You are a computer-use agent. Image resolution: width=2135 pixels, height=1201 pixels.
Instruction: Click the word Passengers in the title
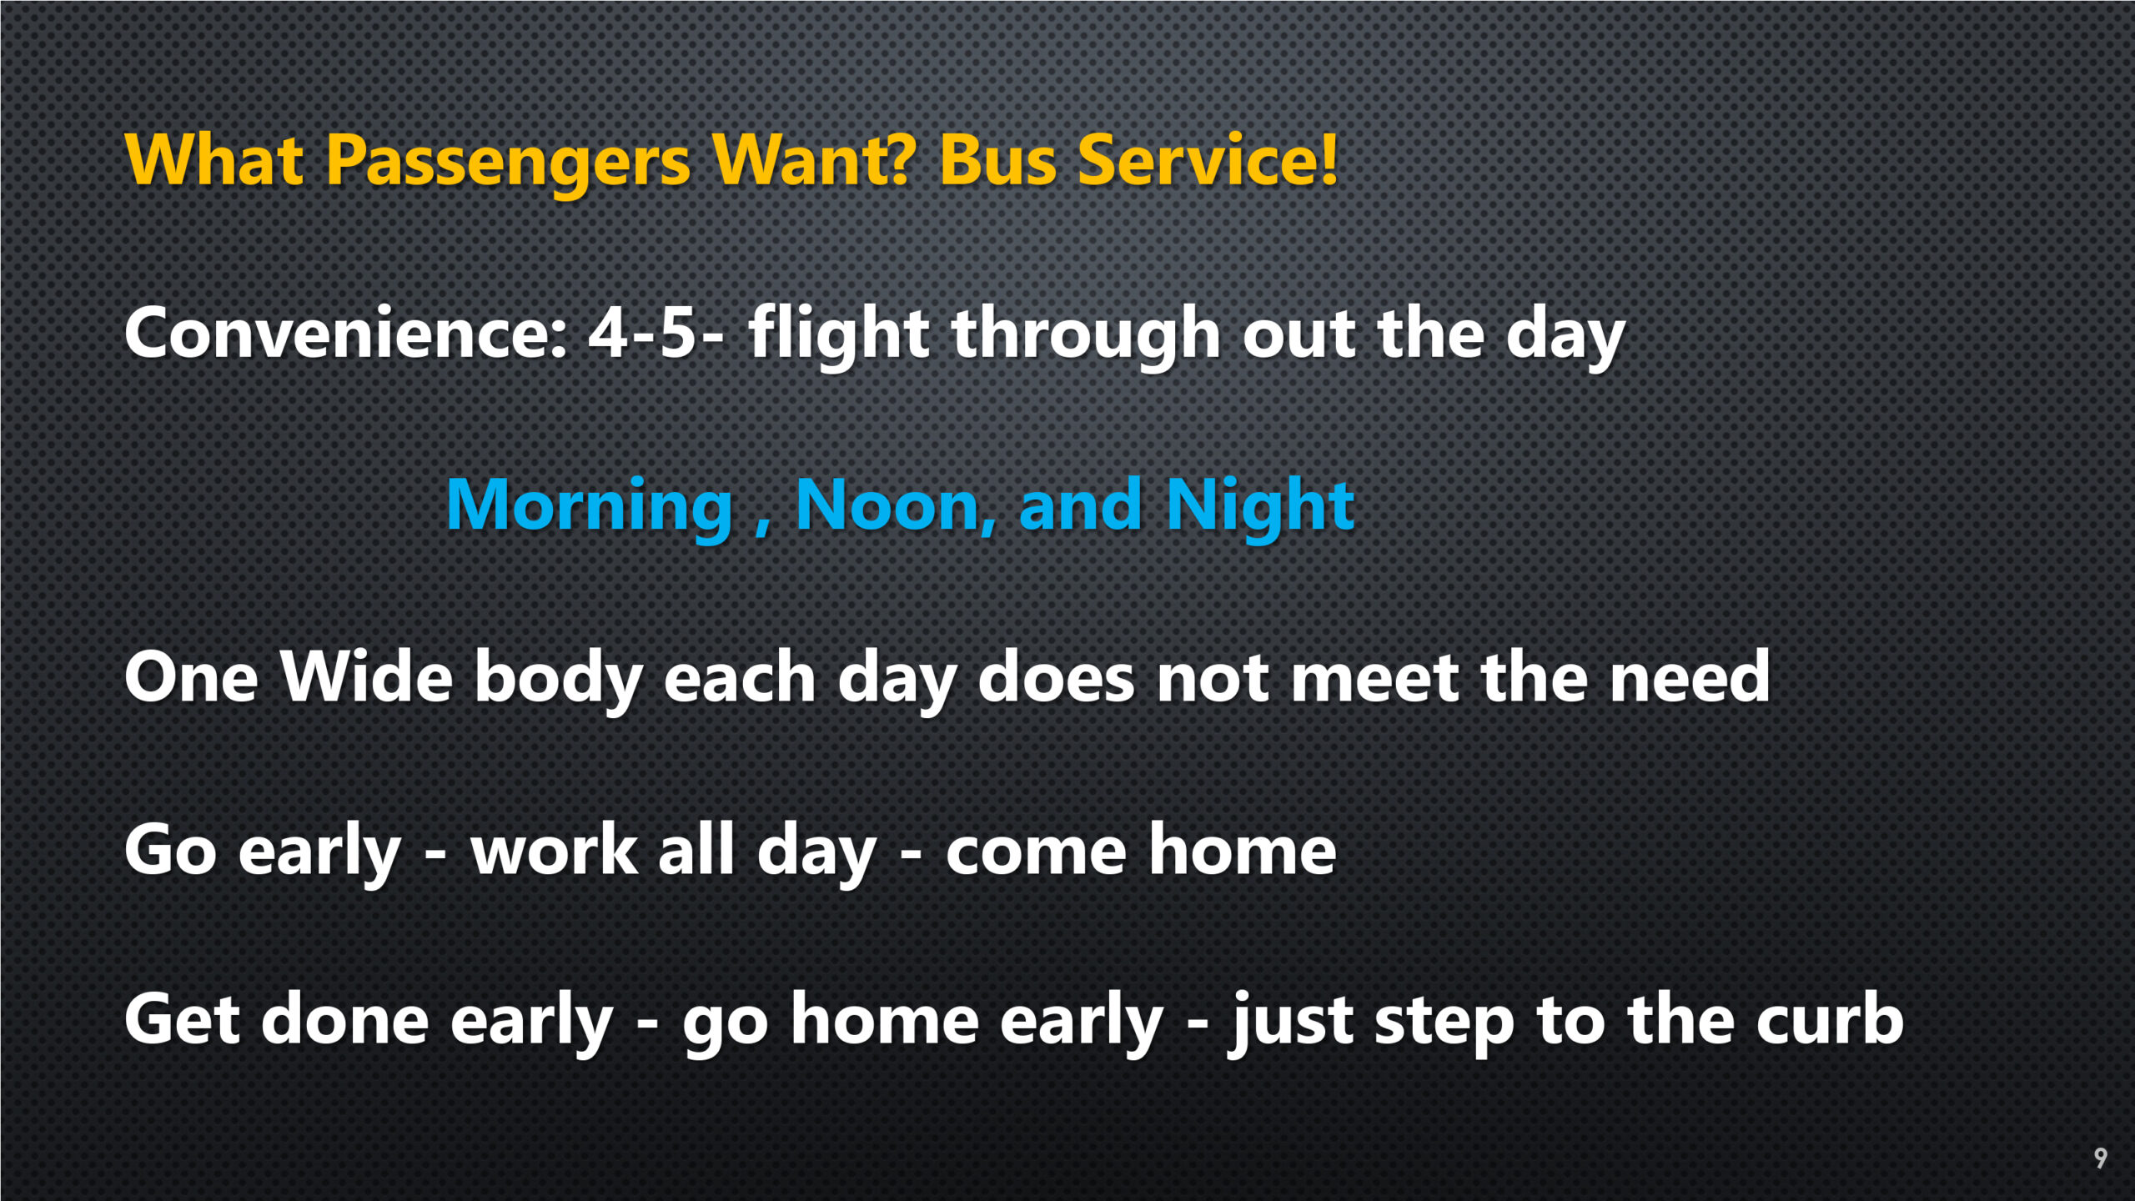[x=508, y=163]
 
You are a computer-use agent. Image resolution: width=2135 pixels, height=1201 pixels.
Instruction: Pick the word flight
[x=838, y=335]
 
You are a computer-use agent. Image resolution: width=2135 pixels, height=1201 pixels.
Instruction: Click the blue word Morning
[x=589, y=507]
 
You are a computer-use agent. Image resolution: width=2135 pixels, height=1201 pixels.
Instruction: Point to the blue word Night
[x=1260, y=507]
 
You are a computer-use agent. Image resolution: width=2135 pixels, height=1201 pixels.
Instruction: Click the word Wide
[x=367, y=676]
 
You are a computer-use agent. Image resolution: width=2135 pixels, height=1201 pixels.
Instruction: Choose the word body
[x=559, y=681]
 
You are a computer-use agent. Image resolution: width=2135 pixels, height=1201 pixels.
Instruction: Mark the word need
[x=1690, y=676]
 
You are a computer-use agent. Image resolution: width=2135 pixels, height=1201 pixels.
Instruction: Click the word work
[x=555, y=850]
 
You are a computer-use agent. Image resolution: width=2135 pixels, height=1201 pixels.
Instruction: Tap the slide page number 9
[x=2101, y=1158]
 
